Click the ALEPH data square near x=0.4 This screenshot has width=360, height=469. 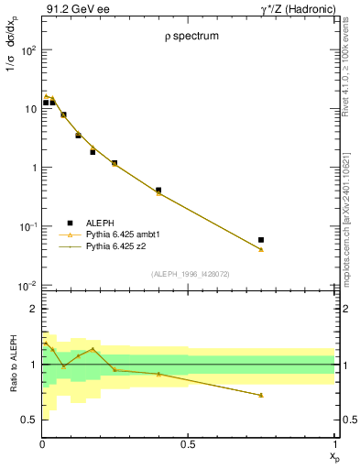(x=158, y=191)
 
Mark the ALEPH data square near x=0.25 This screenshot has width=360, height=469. (x=115, y=163)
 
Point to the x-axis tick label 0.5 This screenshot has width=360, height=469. (x=188, y=444)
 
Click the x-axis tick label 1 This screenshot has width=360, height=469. (x=333, y=444)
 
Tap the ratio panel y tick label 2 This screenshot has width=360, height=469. (x=33, y=310)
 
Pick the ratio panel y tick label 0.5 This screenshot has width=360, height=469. (x=29, y=420)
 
